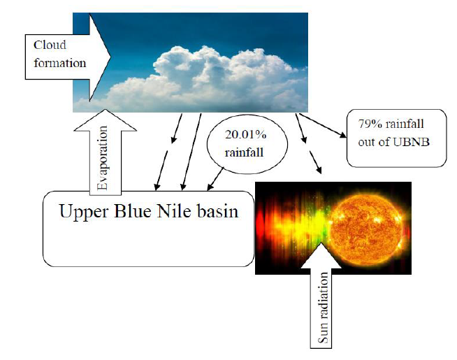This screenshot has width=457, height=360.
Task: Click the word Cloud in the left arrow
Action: (50, 45)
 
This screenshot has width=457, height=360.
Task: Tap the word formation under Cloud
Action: (59, 63)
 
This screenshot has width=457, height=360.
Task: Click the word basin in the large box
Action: (217, 211)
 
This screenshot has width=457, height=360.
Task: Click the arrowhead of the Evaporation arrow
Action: (103, 116)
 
